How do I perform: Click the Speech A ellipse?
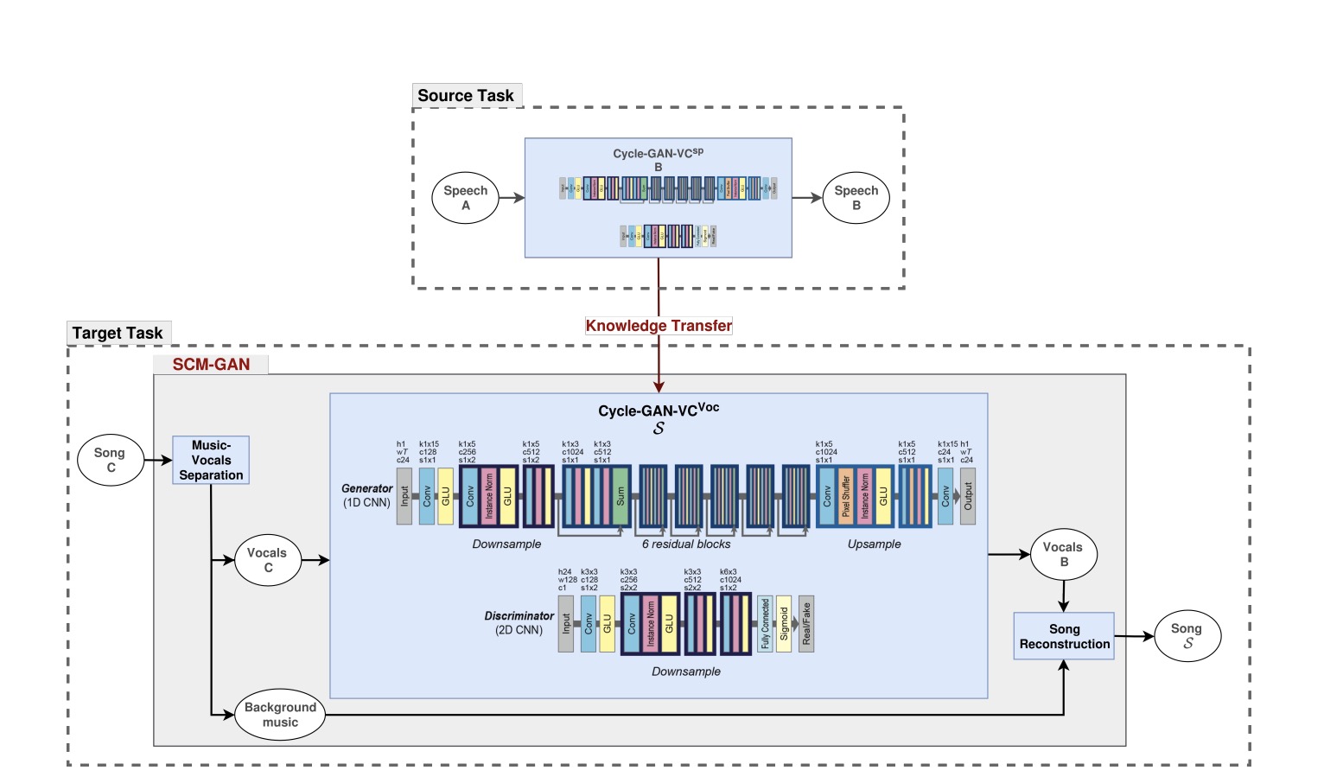(466, 198)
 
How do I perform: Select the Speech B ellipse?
(856, 198)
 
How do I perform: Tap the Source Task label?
(466, 96)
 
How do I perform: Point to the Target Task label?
(118, 334)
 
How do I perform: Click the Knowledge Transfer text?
(659, 326)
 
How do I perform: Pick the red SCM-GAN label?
(211, 365)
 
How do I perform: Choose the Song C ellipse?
(110, 460)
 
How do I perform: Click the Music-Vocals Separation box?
(211, 461)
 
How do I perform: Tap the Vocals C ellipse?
(267, 560)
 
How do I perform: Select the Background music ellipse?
(280, 715)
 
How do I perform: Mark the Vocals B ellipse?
(1063, 554)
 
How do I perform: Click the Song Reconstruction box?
(1064, 637)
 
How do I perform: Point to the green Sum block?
(621, 496)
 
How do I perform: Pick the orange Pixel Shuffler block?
(846, 496)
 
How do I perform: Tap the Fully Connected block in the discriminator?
(765, 623)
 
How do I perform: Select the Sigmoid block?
(784, 623)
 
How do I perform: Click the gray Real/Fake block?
(806, 623)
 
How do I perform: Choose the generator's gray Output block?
(968, 496)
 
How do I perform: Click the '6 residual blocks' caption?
(686, 544)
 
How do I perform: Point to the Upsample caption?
(874, 544)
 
